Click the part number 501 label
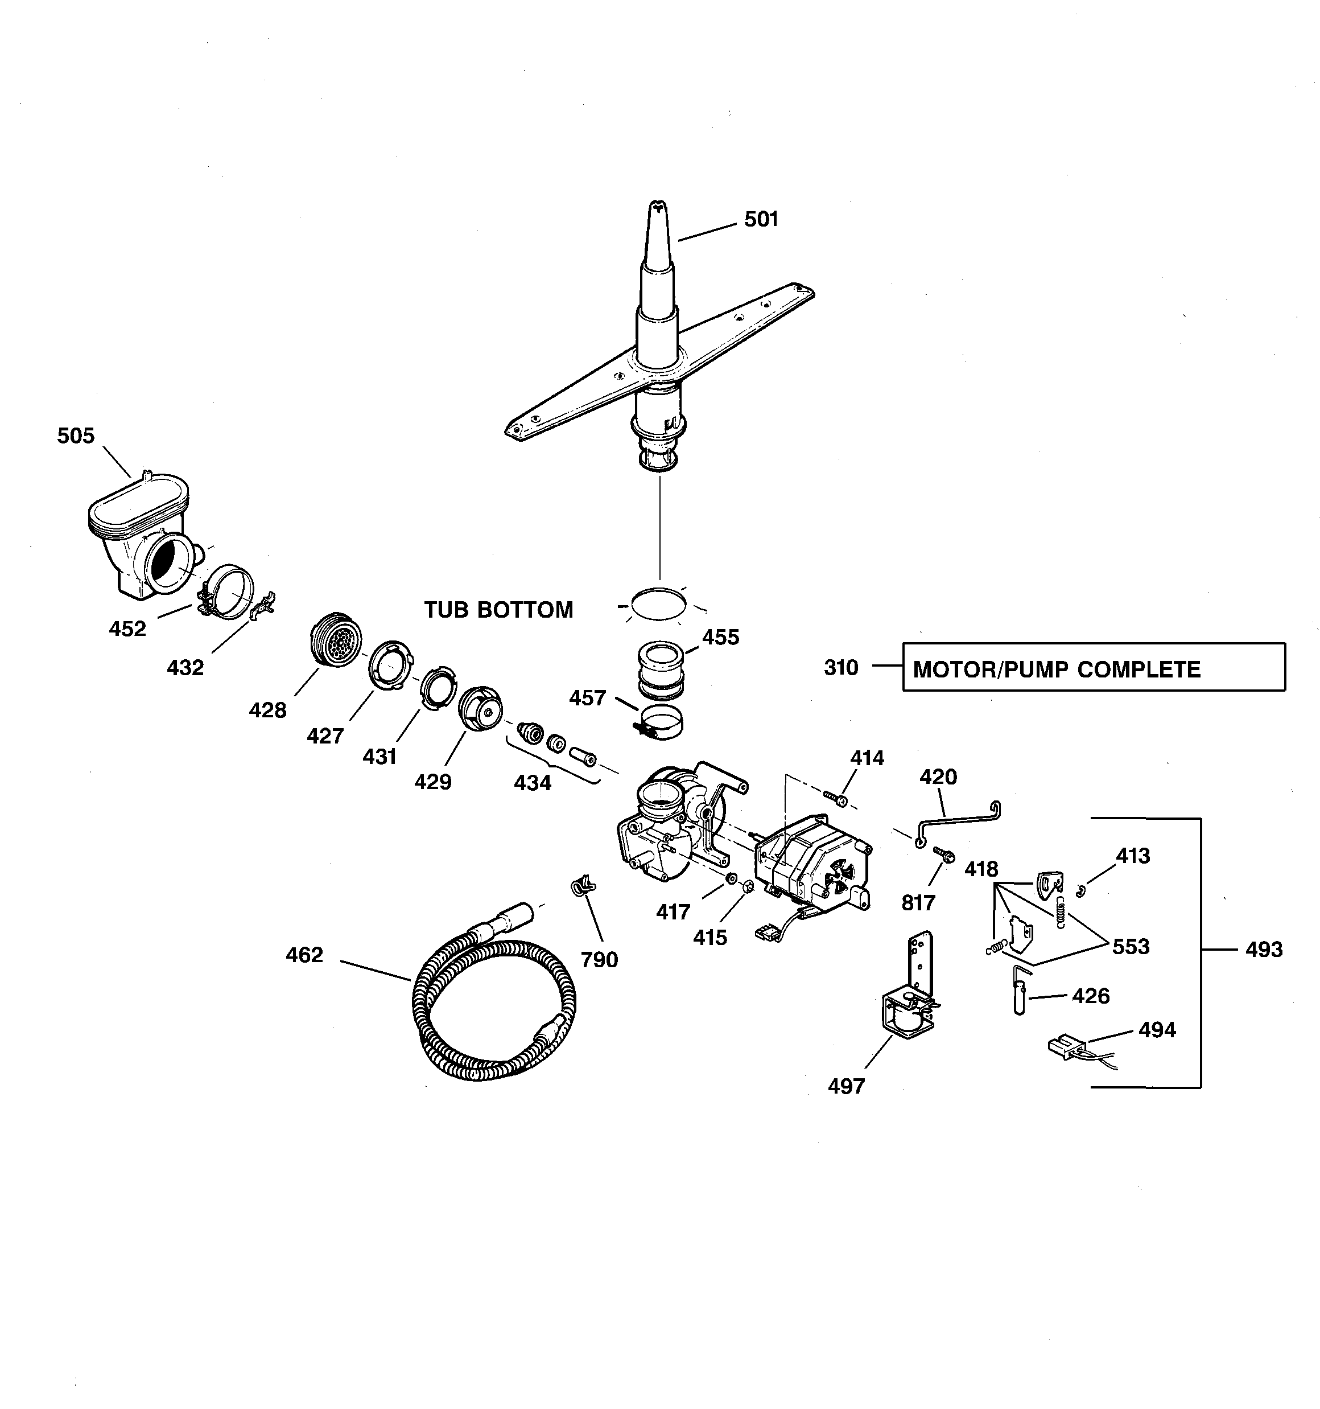coord(761,219)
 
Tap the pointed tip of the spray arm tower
coord(658,208)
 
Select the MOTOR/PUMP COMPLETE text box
coord(1094,667)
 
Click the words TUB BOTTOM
coord(498,610)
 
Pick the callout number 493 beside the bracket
coord(1263,950)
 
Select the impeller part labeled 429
coord(480,707)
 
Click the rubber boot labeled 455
coord(661,669)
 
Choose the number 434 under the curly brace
coord(532,783)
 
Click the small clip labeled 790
coord(583,885)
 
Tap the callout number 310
coord(840,668)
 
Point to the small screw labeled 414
coord(836,799)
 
